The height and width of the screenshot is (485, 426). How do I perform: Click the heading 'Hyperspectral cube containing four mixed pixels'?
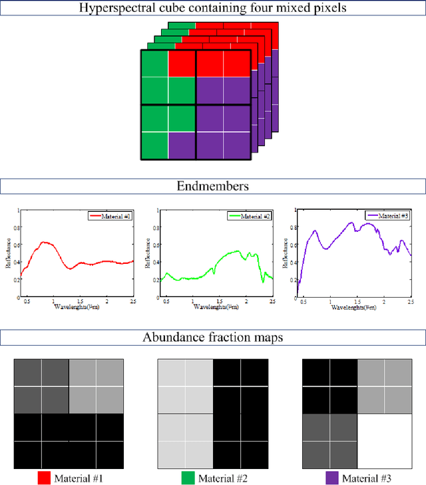coord(213,9)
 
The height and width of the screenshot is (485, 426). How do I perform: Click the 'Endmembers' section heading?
coord(213,187)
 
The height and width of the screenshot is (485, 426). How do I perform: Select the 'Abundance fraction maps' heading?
coord(213,338)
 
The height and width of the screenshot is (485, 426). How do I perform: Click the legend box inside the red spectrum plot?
coord(110,217)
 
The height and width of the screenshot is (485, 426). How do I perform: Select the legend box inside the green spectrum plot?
coord(249,217)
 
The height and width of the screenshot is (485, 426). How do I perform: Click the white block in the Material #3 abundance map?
coord(385,440)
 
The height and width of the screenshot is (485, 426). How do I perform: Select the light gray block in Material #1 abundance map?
coord(97,386)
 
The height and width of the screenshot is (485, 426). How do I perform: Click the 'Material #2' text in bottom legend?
coord(222,477)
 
